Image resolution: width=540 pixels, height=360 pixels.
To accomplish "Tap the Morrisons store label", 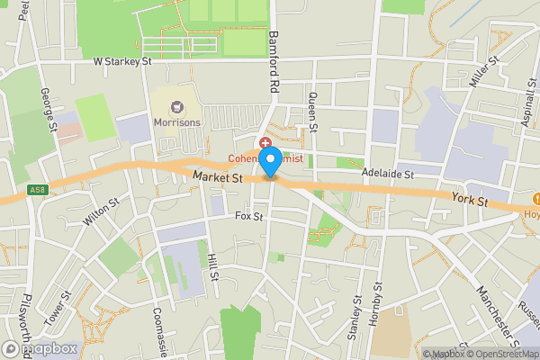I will (176, 121).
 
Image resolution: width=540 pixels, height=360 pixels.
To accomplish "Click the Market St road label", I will (218, 179).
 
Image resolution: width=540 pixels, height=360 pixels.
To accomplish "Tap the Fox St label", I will (248, 217).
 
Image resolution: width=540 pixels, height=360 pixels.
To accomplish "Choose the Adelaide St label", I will (387, 173).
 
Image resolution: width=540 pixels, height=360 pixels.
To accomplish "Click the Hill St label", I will (213, 266).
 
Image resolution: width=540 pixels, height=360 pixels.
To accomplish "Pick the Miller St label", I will (483, 72).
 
